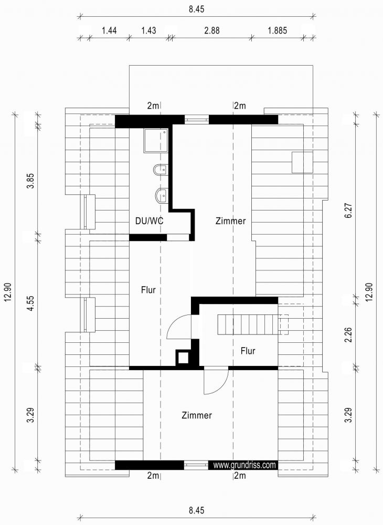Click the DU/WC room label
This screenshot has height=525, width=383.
pos(150,221)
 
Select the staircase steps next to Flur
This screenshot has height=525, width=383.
pos(247,324)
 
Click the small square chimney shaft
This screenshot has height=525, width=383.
pos(183,358)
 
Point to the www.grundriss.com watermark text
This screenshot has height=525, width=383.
pos(244,465)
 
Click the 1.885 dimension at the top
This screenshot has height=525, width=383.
pos(277,30)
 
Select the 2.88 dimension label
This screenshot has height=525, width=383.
pos(212,30)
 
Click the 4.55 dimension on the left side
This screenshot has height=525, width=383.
pos(31,303)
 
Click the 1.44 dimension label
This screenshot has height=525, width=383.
pos(109,30)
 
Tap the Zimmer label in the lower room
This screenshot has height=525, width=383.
pos(197,415)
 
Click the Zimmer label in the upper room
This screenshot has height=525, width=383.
pos(230,221)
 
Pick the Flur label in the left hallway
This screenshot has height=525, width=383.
pos(148,289)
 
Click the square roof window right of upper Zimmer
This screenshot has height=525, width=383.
pos(302,162)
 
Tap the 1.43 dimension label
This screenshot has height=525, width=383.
pos(148,30)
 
